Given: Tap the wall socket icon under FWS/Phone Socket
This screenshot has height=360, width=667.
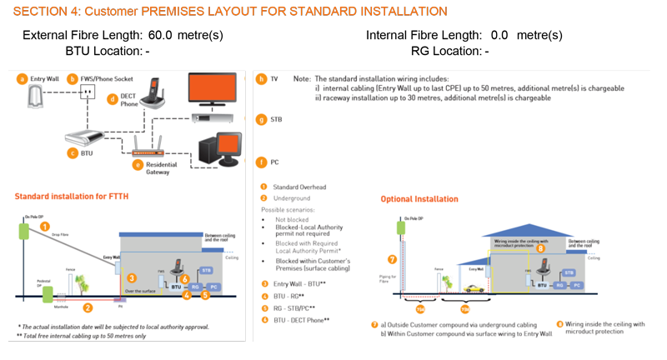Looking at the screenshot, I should pos(83,95).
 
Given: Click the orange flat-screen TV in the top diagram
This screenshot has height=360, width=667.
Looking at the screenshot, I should pos(218,89).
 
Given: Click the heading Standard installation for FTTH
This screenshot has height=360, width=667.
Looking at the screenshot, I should pos(71,197).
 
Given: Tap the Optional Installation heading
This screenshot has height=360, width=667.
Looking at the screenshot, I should pos(419,199).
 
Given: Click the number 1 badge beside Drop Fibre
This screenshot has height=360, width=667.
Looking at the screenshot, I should pos(46,225).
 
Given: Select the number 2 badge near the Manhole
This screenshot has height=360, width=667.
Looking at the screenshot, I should pos(87,307).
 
